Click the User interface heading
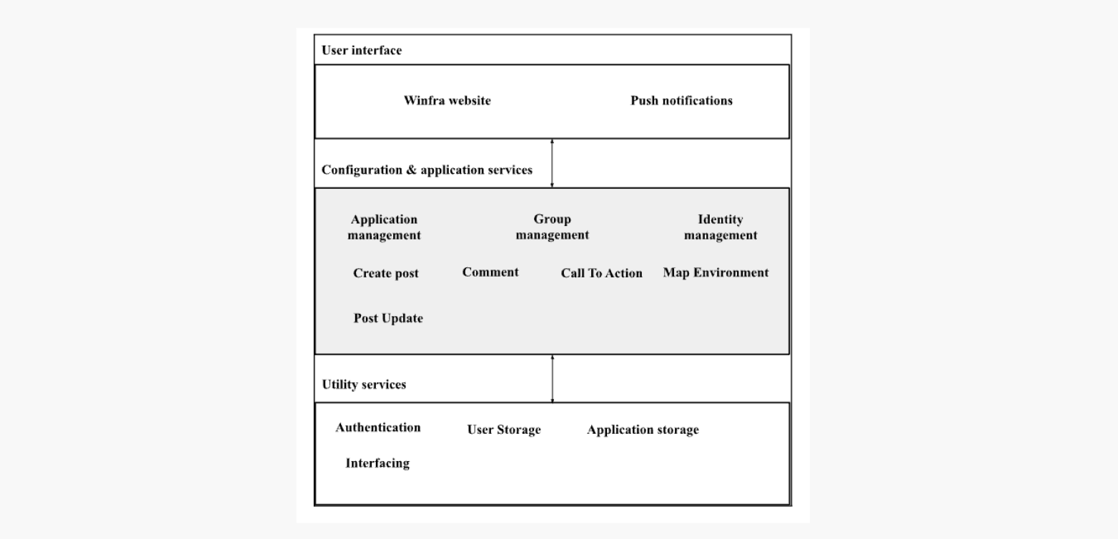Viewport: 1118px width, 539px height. click(362, 51)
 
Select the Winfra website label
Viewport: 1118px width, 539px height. click(447, 101)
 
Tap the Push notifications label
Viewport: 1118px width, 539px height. click(681, 101)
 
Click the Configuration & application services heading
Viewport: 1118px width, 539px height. click(427, 170)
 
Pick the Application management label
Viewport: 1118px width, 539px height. click(385, 227)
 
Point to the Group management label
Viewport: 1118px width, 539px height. click(553, 227)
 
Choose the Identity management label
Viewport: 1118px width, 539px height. click(721, 227)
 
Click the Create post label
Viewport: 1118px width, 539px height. click(386, 274)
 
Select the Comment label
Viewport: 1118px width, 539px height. click(490, 272)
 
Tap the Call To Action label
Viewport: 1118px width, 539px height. click(602, 274)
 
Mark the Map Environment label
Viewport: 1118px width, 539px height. click(716, 273)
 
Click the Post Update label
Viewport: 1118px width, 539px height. click(388, 319)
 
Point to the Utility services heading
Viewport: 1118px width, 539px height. click(364, 385)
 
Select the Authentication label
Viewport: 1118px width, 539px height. click(378, 427)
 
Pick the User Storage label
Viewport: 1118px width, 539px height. click(504, 430)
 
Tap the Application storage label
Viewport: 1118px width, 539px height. click(643, 430)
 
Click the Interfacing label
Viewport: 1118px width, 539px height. click(377, 463)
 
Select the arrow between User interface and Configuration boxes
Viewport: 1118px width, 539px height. click(552, 163)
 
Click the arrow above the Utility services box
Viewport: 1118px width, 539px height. click(553, 379)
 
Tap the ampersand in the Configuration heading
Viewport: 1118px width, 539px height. click(410, 170)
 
